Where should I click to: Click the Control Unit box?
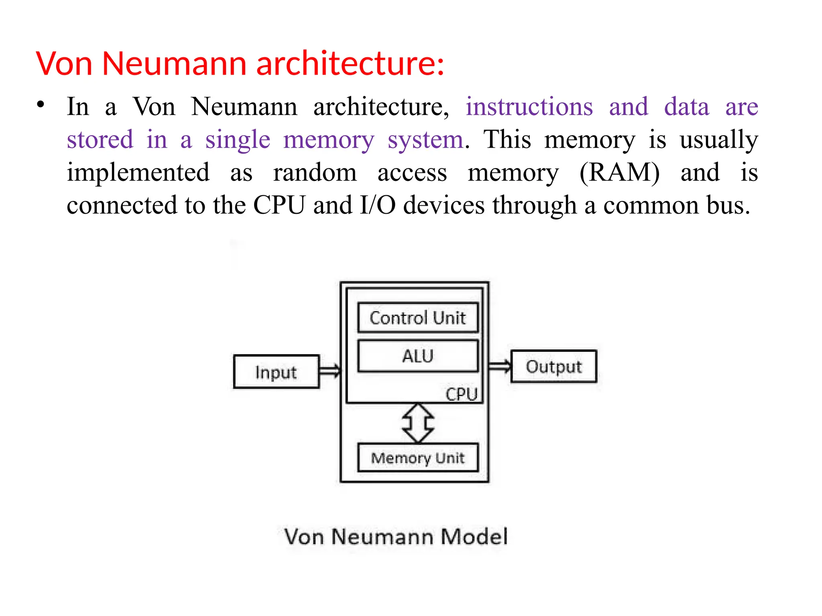coord(417,318)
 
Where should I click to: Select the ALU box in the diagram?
coord(417,356)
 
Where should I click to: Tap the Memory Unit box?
coord(417,458)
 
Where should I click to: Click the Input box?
coord(276,372)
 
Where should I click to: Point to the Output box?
coord(553,366)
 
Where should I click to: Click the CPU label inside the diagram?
coord(461,394)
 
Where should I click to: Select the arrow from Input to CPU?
coord(330,371)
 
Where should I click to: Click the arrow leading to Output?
coord(500,366)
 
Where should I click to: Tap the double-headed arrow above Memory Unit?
coord(418,423)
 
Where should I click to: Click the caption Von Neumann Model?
coord(396,537)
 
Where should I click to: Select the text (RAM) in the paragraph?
coord(619,172)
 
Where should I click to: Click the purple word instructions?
coord(529,107)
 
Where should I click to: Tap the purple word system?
coord(425,140)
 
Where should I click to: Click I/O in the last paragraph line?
coord(378,205)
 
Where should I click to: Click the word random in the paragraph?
coord(315,172)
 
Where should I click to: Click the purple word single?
coord(238,140)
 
